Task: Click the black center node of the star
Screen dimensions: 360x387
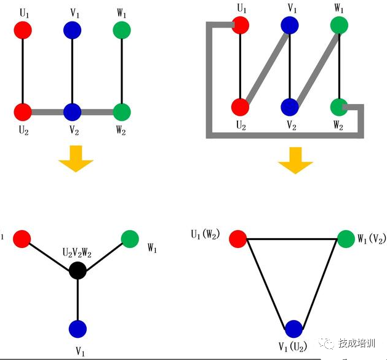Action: [77, 270]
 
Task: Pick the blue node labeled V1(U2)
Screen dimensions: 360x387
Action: [294, 329]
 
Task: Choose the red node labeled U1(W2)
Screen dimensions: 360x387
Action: [238, 238]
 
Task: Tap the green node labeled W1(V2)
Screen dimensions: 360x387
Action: [346, 238]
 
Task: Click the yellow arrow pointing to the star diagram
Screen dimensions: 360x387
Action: [76, 158]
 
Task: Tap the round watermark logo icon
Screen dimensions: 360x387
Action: [327, 343]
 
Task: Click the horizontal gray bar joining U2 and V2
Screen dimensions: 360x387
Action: [47, 112]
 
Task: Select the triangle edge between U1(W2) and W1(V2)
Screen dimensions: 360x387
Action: [292, 238]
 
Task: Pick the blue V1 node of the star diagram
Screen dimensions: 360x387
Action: [77, 329]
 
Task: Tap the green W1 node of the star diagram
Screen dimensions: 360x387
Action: [130, 238]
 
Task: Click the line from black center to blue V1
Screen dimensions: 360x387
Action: [77, 300]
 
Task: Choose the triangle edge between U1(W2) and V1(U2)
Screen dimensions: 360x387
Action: [266, 284]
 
